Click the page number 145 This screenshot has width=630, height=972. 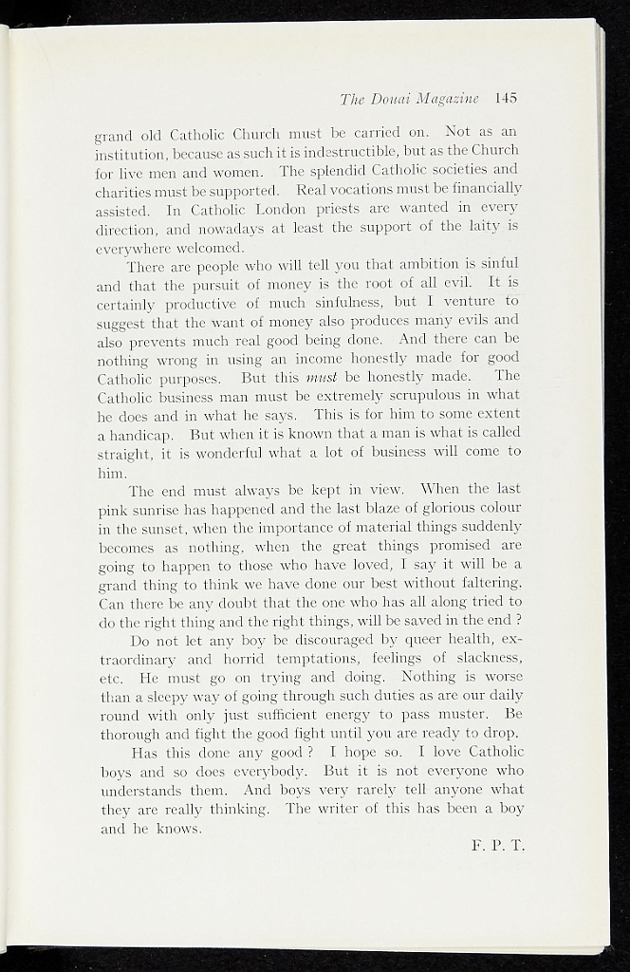(x=505, y=98)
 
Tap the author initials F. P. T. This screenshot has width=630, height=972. (x=497, y=846)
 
